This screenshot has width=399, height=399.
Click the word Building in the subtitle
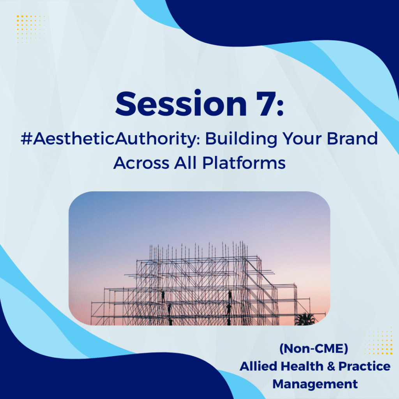tap(241, 139)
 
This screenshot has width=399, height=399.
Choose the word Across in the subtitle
tap(141, 163)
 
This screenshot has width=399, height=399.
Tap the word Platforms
tap(244, 162)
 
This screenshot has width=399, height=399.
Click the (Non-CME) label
tap(314, 349)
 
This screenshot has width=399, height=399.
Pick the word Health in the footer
tap(302, 366)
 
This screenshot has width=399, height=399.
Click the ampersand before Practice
tap(331, 366)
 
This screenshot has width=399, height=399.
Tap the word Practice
tap(364, 366)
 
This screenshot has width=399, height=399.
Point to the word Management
tap(315, 384)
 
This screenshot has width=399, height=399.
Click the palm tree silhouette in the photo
tap(305, 320)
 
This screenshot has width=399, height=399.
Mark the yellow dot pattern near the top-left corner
tap(32, 30)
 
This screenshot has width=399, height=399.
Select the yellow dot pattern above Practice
tap(378, 339)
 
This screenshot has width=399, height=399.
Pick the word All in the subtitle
tap(185, 163)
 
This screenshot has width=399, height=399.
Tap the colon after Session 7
tap(280, 107)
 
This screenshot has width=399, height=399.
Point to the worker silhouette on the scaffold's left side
tap(163, 297)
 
